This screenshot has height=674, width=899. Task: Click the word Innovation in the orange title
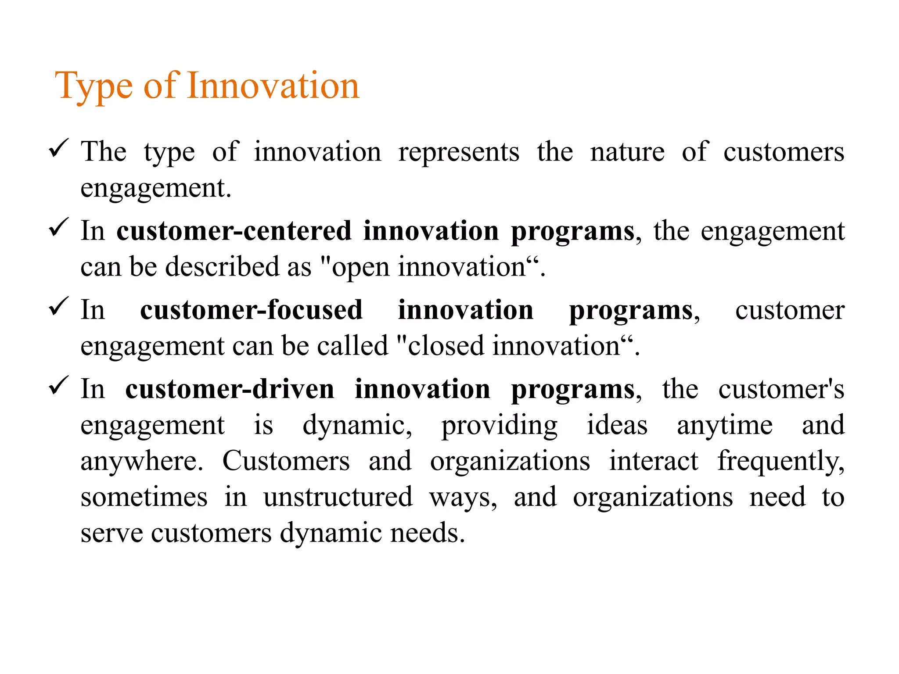click(x=273, y=86)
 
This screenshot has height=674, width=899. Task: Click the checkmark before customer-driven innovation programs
click(x=58, y=385)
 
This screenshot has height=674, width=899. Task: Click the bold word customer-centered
click(x=234, y=231)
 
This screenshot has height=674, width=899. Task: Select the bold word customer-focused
click(x=251, y=310)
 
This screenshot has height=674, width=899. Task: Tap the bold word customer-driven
click(x=230, y=390)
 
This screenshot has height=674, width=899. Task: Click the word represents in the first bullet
click(x=459, y=152)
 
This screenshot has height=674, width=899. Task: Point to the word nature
click(x=627, y=152)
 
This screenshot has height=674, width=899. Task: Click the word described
click(x=222, y=267)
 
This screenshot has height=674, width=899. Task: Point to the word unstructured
click(x=338, y=497)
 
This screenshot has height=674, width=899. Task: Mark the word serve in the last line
click(x=112, y=533)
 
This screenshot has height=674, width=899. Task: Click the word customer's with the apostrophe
click(x=781, y=390)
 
